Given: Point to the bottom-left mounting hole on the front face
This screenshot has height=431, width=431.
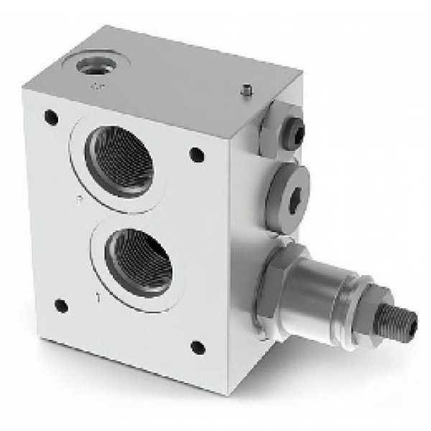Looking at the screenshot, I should pos(61,305).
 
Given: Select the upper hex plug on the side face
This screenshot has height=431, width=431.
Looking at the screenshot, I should pos(285,124).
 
